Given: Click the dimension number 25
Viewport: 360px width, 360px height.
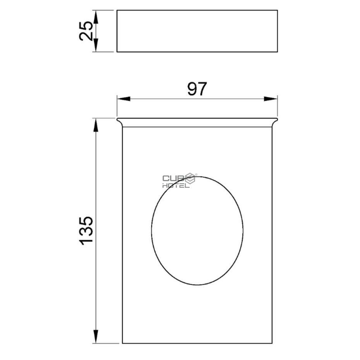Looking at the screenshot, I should click(x=86, y=31).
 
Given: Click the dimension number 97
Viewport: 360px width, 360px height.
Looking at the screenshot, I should click(x=197, y=89).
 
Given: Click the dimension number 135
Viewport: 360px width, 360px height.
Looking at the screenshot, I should click(x=86, y=230).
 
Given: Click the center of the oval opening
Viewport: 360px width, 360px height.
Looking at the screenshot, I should click(x=197, y=231).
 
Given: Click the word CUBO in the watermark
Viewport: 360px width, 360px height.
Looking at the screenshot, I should click(x=173, y=178).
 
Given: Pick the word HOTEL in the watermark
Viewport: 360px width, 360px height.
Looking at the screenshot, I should click(x=176, y=185).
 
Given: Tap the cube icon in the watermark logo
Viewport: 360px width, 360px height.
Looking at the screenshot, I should click(x=190, y=179).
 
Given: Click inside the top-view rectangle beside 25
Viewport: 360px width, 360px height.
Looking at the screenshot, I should click(x=197, y=31).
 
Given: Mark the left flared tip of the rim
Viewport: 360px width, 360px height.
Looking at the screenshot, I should click(x=118, y=119).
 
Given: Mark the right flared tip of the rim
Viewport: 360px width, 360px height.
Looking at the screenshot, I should click(x=277, y=119).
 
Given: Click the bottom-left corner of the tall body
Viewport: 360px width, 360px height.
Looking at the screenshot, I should click(x=123, y=343).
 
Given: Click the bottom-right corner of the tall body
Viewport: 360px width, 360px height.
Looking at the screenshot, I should click(x=272, y=343).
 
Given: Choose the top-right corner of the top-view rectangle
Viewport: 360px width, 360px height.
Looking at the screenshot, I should click(x=278, y=10).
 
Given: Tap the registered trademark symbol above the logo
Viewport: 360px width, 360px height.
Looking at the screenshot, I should click(x=196, y=175).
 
